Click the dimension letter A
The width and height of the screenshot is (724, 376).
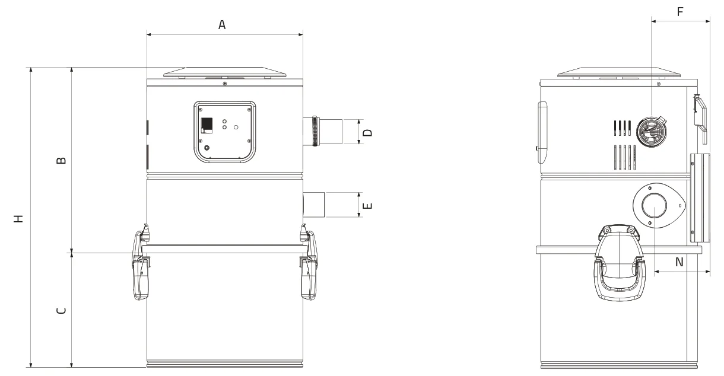(222, 24)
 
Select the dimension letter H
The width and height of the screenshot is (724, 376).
(18, 219)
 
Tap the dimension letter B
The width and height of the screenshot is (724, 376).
(61, 161)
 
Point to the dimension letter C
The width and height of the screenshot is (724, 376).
(61, 310)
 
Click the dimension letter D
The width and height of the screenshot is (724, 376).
(368, 132)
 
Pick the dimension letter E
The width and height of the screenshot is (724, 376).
(368, 206)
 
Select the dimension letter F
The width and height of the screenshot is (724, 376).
(680, 12)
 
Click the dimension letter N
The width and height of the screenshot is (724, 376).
(679, 262)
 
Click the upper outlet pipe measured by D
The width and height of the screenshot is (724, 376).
(323, 132)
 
